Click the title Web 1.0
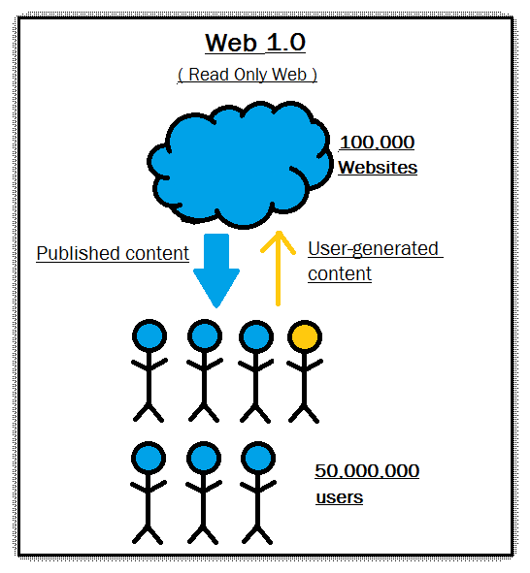point(255,44)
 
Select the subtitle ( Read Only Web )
point(248,75)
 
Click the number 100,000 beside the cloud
point(377,143)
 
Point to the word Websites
point(378,168)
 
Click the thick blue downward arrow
point(215,270)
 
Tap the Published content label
point(113,254)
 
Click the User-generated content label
point(373,261)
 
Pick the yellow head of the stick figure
point(304,336)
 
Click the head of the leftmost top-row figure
point(149,336)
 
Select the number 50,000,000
point(367,472)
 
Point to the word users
point(339,497)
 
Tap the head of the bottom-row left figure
point(149,459)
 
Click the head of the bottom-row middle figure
point(203,459)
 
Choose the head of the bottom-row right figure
point(255,459)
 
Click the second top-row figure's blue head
point(203,336)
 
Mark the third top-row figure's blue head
point(255,336)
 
